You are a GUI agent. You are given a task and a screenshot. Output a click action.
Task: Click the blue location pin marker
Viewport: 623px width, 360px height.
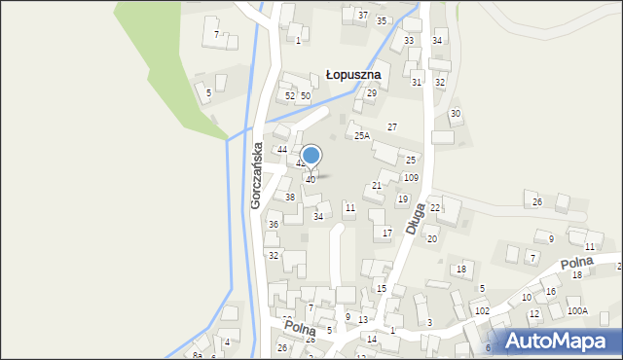coord(311,156)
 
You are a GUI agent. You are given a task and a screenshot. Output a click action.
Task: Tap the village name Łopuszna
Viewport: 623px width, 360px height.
coord(352,74)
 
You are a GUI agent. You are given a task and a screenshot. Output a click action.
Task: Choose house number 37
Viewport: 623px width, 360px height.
coord(362,16)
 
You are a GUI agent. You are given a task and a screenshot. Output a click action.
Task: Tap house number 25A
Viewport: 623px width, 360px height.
coord(361,136)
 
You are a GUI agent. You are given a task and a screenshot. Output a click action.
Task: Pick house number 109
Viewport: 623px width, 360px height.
coord(411,178)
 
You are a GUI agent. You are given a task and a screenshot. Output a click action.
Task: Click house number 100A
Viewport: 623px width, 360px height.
coord(577,311)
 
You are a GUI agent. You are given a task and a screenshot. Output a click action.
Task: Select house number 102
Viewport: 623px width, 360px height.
coord(481,311)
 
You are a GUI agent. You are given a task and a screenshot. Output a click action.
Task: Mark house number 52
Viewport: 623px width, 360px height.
coord(289,96)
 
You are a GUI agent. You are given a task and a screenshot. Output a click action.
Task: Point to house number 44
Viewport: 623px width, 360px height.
coord(282,150)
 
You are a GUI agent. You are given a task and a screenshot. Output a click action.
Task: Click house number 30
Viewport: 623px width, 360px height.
coord(455,114)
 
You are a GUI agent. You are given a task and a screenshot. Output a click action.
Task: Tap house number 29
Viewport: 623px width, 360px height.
coord(371,93)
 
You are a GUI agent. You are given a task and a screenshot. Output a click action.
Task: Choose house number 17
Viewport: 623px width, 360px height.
coord(386,233)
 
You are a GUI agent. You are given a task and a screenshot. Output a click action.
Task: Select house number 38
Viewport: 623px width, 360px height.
coord(289,198)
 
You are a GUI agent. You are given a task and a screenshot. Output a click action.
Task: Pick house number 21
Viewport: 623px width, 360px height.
coord(377,185)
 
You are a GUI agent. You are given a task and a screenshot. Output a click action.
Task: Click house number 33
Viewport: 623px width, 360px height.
coord(409,41)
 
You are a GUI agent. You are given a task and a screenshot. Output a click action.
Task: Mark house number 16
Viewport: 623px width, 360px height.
coord(550,292)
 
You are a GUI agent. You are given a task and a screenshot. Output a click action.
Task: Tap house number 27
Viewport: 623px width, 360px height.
coord(392,127)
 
